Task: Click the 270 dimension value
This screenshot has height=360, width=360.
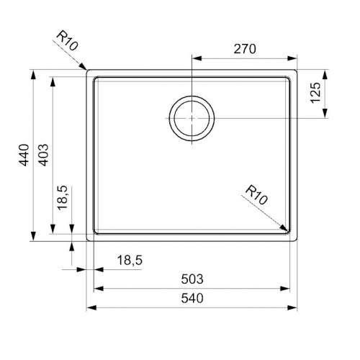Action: click(245, 49)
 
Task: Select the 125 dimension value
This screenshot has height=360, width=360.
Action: click(315, 93)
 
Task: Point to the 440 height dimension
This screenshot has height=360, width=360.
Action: click(24, 155)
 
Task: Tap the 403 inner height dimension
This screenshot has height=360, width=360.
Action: click(43, 155)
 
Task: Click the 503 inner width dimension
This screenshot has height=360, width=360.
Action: click(192, 279)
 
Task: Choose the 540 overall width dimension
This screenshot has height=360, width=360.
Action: click(192, 298)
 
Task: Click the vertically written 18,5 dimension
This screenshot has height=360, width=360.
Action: click(62, 198)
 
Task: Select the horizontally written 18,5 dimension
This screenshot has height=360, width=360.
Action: click(130, 260)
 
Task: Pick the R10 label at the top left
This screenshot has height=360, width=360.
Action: click(67, 40)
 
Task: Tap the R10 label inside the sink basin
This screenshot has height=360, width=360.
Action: click(256, 194)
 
